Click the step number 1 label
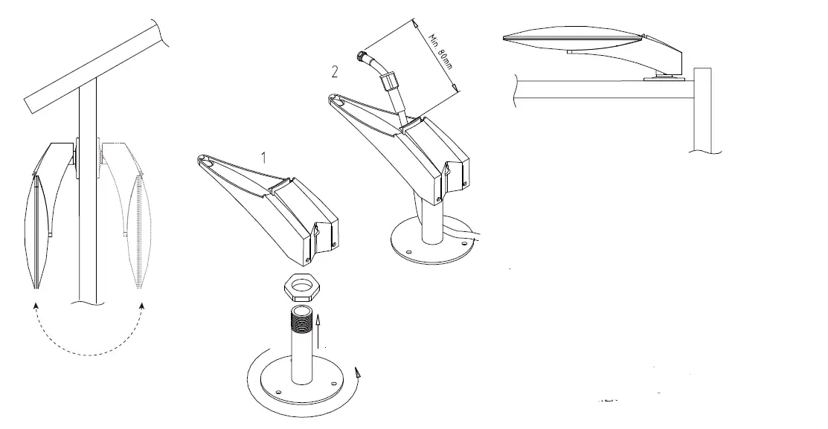click(261, 157)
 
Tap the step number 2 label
click(336, 72)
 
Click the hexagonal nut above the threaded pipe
click(303, 285)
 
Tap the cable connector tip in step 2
click(362, 54)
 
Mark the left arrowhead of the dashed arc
click(34, 303)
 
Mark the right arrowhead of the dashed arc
click(141, 303)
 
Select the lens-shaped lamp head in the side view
click(573, 37)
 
